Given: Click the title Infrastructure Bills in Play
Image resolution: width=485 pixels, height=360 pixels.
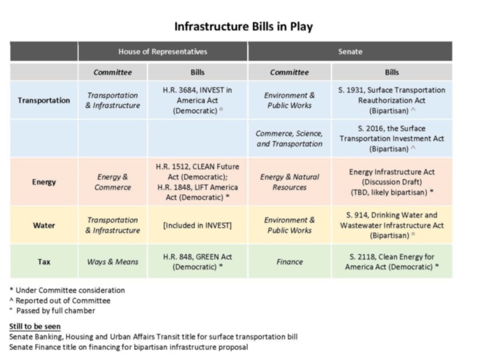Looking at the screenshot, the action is coord(244,26).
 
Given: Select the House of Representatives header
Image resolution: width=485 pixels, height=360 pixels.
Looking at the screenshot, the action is coord(163,51).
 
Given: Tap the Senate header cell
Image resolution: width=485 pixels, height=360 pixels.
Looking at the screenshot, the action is coord(350,51).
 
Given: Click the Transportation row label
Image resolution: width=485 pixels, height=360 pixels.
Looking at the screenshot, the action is coord(44,100).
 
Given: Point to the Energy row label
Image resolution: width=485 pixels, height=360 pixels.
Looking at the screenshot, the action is coord(44,182).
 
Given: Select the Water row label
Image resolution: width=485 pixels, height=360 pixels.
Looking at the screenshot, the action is coord(44,225).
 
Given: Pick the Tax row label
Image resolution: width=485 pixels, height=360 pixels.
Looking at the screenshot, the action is coord(44,262).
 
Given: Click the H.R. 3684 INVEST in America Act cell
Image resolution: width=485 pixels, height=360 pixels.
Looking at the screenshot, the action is coord(197,100).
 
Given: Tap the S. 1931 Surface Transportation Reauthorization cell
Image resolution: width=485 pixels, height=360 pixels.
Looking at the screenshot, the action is coord(392,100).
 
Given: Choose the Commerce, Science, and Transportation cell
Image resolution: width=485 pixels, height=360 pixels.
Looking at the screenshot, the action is coord(289,139).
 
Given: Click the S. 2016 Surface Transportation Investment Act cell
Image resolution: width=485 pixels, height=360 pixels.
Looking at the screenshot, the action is coord(392,139).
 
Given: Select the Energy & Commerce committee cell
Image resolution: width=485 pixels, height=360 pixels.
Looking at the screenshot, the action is coord(113,182).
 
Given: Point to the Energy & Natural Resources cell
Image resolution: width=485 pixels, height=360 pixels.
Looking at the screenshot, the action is coord(289,182).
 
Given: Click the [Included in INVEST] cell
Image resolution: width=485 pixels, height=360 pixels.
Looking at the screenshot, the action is coord(197,225).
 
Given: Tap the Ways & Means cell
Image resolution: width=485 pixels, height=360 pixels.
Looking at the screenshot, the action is coord(113,262).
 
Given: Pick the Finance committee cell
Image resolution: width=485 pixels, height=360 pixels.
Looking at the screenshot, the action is coord(289,262).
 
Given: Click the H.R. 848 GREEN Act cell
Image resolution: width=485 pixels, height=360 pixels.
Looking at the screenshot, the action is coord(197,262).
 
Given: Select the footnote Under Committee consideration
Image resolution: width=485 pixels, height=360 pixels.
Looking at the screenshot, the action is coord(67,290).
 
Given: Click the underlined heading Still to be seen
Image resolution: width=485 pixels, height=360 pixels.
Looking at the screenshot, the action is coord(34,326).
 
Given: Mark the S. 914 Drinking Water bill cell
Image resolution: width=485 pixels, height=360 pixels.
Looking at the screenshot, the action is coord(392,225).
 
